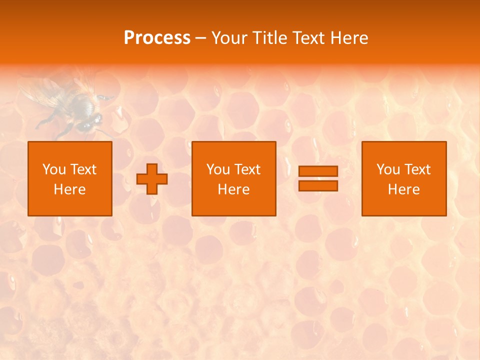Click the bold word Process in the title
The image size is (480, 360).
[157, 38]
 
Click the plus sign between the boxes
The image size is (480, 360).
[152, 179]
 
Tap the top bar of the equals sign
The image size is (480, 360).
[318, 171]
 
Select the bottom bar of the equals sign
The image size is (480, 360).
[318, 185]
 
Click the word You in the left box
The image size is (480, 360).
[54, 169]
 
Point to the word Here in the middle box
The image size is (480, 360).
[234, 189]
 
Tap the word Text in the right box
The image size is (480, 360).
[417, 169]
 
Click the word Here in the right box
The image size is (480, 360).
[404, 189]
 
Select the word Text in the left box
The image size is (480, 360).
[83, 169]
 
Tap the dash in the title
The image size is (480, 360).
[200, 38]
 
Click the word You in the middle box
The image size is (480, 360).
[218, 169]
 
